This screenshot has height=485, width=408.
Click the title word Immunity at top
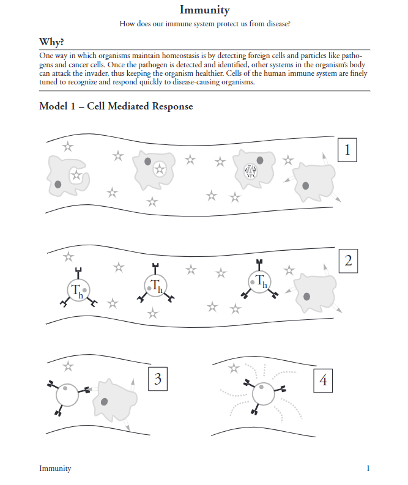pos(204,10)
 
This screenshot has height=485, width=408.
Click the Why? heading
pos(52,42)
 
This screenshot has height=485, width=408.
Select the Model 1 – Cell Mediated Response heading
pos(116,106)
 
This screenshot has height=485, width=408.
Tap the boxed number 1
pos(347,150)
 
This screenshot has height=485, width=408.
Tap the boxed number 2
pos(347,261)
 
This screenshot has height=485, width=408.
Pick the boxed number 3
pos(158,380)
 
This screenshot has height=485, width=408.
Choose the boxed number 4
pos(323,380)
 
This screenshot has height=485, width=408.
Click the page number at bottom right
pos(368,468)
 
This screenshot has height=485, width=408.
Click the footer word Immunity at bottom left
pos(55,468)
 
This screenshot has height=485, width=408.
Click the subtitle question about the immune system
pos(204,24)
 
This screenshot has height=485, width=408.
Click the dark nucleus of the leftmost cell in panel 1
pos(57,183)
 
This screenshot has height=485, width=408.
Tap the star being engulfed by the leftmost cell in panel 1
pos(76,176)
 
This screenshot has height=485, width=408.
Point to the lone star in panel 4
pos(233,368)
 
